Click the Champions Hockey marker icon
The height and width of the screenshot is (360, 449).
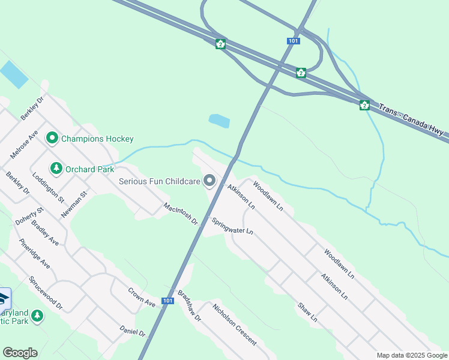click(52, 139)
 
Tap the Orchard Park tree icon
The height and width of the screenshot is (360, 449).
click(56, 169)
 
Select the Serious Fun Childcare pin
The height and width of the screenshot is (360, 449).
click(209, 180)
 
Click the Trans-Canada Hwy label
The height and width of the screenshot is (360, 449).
click(413, 122)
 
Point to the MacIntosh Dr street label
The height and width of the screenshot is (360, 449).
click(181, 214)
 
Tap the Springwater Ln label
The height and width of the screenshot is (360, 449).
click(234, 226)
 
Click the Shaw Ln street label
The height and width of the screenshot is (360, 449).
click(307, 311)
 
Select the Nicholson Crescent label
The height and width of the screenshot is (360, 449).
click(235, 324)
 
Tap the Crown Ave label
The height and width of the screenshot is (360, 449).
click(142, 297)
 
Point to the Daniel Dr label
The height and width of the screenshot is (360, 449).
click(133, 331)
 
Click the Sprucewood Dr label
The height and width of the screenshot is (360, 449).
click(45, 293)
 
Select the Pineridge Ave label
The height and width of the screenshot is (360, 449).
click(35, 253)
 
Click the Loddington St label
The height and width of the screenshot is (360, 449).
click(47, 187)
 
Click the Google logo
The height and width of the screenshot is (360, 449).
click(20, 353)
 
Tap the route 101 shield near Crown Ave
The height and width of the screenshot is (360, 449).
click(167, 300)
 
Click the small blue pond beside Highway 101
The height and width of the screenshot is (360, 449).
click(219, 121)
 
